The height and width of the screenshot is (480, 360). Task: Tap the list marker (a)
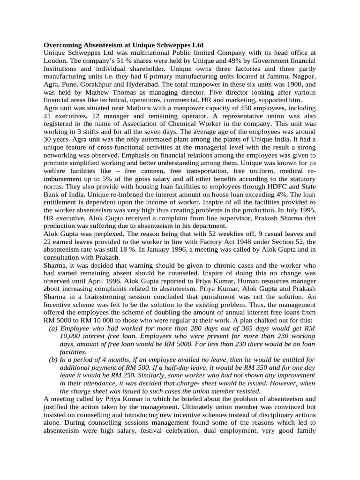coord(53,328)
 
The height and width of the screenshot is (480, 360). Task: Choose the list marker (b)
coord(53,360)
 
